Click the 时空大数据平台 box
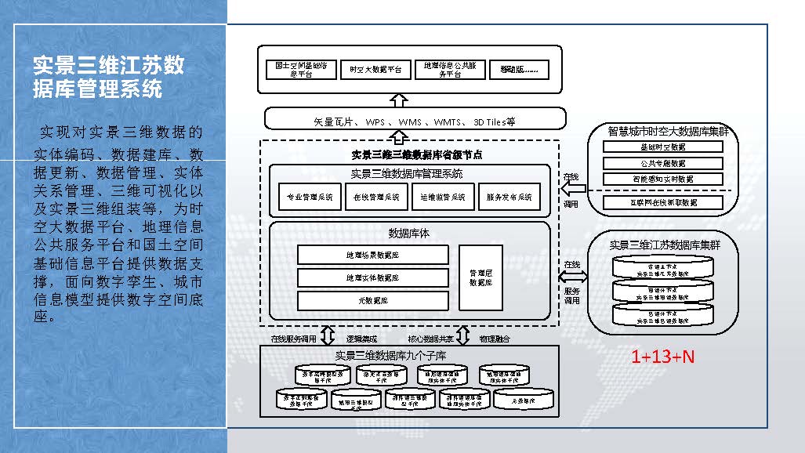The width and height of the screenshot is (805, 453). pyautogui.click(x=376, y=70)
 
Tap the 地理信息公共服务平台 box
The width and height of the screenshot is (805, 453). pyautogui.click(x=450, y=70)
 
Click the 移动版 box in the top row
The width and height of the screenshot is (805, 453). pyautogui.click(x=519, y=70)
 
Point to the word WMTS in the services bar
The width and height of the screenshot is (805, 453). pyautogui.click(x=448, y=122)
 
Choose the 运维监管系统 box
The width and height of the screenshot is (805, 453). pyautogui.click(x=443, y=198)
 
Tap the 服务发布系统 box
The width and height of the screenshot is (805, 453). pyautogui.click(x=509, y=198)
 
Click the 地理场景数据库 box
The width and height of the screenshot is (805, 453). pyautogui.click(x=372, y=255)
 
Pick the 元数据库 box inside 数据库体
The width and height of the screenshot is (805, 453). pyautogui.click(x=372, y=299)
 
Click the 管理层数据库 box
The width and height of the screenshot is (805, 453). pyautogui.click(x=480, y=277)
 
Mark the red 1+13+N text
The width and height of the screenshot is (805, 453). pyautogui.click(x=663, y=357)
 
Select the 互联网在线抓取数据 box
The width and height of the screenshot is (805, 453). pyautogui.click(x=662, y=203)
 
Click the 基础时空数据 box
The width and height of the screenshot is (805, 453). pyautogui.click(x=662, y=147)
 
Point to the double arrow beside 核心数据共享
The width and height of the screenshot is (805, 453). pyautogui.click(x=462, y=336)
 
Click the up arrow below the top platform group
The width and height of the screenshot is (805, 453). pyautogui.click(x=400, y=100)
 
